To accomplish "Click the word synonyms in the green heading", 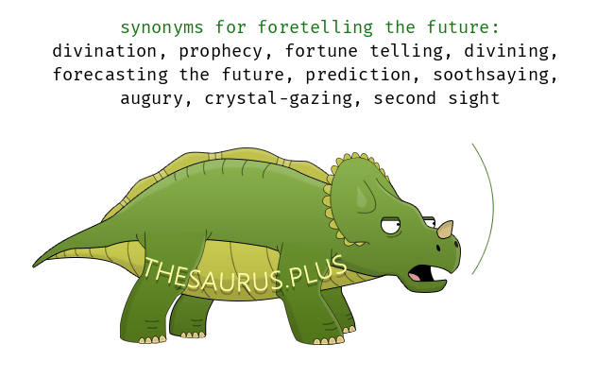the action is coord(162,28).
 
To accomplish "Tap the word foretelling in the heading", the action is coord(316,27).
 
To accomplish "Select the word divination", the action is coord(105,51).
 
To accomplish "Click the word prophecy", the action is coord(221,52).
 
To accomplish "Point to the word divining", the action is coord(507,52).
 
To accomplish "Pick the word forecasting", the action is coord(111,76).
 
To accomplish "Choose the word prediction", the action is coord(358,76).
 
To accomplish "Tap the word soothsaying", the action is coord(491,76).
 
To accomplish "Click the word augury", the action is coord(151,99).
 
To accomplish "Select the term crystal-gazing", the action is coord(279,99).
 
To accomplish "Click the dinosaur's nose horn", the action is coord(446,229).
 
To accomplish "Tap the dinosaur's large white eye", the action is coord(390,226).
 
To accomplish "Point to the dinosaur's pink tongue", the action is coord(415,277).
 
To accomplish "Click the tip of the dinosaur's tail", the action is coord(34,266).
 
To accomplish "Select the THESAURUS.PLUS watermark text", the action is coord(245,274).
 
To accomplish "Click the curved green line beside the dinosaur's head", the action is coord(493,208).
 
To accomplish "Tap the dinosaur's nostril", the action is coord(438,248).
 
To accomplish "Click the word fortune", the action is coord(321,51).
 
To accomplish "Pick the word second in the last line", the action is coord(404,98).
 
